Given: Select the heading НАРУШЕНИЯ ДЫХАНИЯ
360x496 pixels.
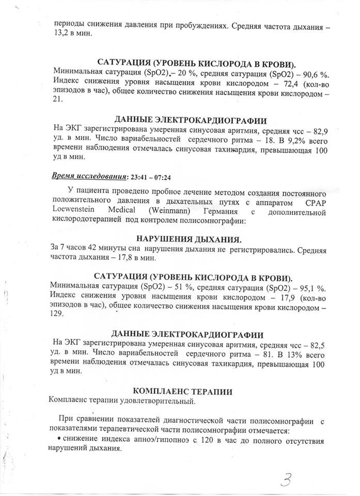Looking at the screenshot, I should tap(189, 239).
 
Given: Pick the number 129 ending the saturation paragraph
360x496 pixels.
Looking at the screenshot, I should tap(58, 315).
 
